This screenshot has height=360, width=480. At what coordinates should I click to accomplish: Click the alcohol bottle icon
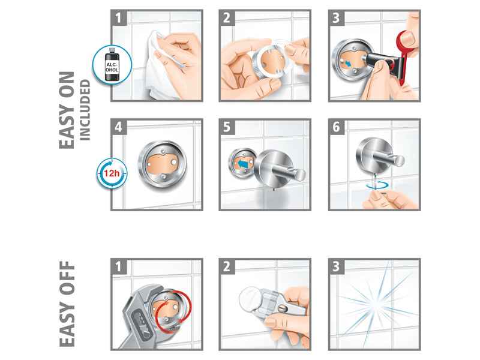[112, 64]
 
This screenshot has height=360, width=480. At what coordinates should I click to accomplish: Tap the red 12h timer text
[112, 173]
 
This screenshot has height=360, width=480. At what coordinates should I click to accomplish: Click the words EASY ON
[67, 110]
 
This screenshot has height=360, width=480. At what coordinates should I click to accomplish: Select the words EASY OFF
[67, 304]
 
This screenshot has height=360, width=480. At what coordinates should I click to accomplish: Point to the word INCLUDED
[85, 110]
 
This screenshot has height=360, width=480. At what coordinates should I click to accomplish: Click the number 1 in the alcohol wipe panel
[118, 18]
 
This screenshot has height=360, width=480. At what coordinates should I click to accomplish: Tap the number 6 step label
[336, 127]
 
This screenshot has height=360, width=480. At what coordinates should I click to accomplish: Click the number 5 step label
[227, 127]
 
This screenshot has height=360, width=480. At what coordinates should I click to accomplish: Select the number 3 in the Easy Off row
[336, 266]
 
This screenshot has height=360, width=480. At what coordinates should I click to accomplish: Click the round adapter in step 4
[162, 164]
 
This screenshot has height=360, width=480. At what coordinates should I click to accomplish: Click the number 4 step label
[118, 127]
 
